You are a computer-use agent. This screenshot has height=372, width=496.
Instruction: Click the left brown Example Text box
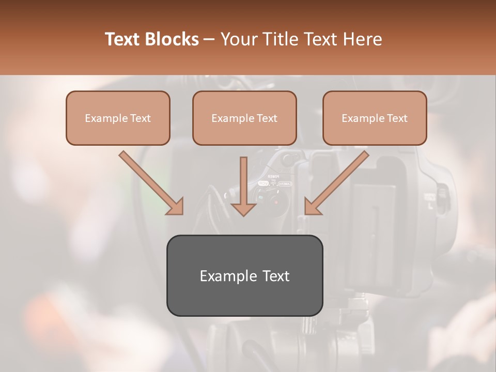pyautogui.click(x=118, y=118)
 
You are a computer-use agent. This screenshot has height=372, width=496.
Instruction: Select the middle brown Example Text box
pyautogui.click(x=244, y=118)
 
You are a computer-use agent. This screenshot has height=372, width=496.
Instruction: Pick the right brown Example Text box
pyautogui.click(x=375, y=118)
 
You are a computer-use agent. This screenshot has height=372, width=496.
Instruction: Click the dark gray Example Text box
pyautogui.click(x=244, y=275)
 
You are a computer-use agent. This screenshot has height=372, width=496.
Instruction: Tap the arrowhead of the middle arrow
pyautogui.click(x=243, y=208)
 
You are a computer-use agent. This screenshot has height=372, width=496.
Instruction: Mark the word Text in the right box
pyautogui.click(x=397, y=118)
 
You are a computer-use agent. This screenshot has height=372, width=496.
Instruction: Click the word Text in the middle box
pyautogui.click(x=267, y=118)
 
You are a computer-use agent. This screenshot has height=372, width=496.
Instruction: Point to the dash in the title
pyautogui.click(x=209, y=39)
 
